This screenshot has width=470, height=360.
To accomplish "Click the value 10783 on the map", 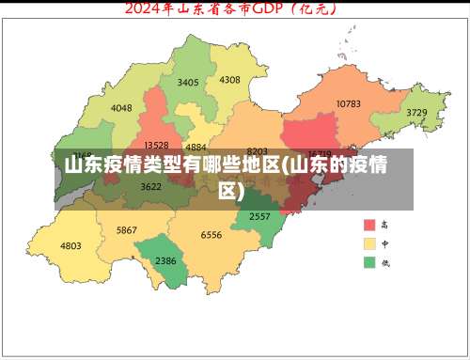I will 349,103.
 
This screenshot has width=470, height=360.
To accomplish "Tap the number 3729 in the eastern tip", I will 416,113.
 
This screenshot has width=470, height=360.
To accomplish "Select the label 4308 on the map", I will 229,80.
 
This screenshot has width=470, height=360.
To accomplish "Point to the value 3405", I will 188,83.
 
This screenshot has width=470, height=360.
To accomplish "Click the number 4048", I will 121,108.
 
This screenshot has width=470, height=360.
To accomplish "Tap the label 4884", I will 196,148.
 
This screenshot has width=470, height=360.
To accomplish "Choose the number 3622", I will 150,186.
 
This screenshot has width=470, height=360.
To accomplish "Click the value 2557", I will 259,216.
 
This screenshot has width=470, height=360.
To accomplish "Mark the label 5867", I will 127,230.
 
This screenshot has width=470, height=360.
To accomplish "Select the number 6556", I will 211,235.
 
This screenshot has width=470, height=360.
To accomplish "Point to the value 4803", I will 70,245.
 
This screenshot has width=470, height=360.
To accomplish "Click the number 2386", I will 165,260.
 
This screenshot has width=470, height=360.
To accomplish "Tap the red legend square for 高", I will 370,226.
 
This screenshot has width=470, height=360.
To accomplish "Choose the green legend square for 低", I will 370,262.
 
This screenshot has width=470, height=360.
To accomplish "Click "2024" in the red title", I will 147,9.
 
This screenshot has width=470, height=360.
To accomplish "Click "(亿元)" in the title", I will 318,9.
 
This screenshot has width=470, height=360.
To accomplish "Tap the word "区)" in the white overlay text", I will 231,191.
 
